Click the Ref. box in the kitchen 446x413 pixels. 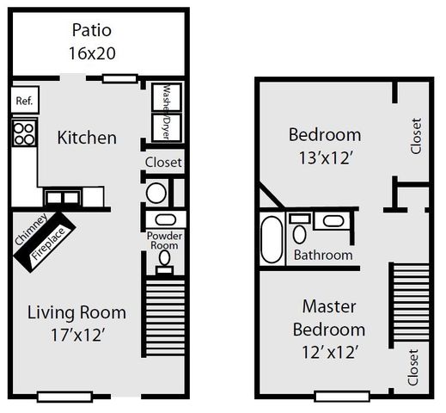pyautogui.click(x=24, y=101)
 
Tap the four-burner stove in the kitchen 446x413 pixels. pyautogui.click(x=24, y=133)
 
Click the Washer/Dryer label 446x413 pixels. pyautogui.click(x=162, y=112)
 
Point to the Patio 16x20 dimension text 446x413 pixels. pyautogui.click(x=92, y=52)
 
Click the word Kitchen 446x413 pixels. pyautogui.click(x=87, y=138)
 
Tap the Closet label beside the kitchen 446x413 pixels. pyautogui.click(x=162, y=162)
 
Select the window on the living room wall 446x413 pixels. pyautogui.click(x=63, y=397)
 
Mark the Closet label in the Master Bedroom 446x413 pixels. pyautogui.click(x=414, y=366)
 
